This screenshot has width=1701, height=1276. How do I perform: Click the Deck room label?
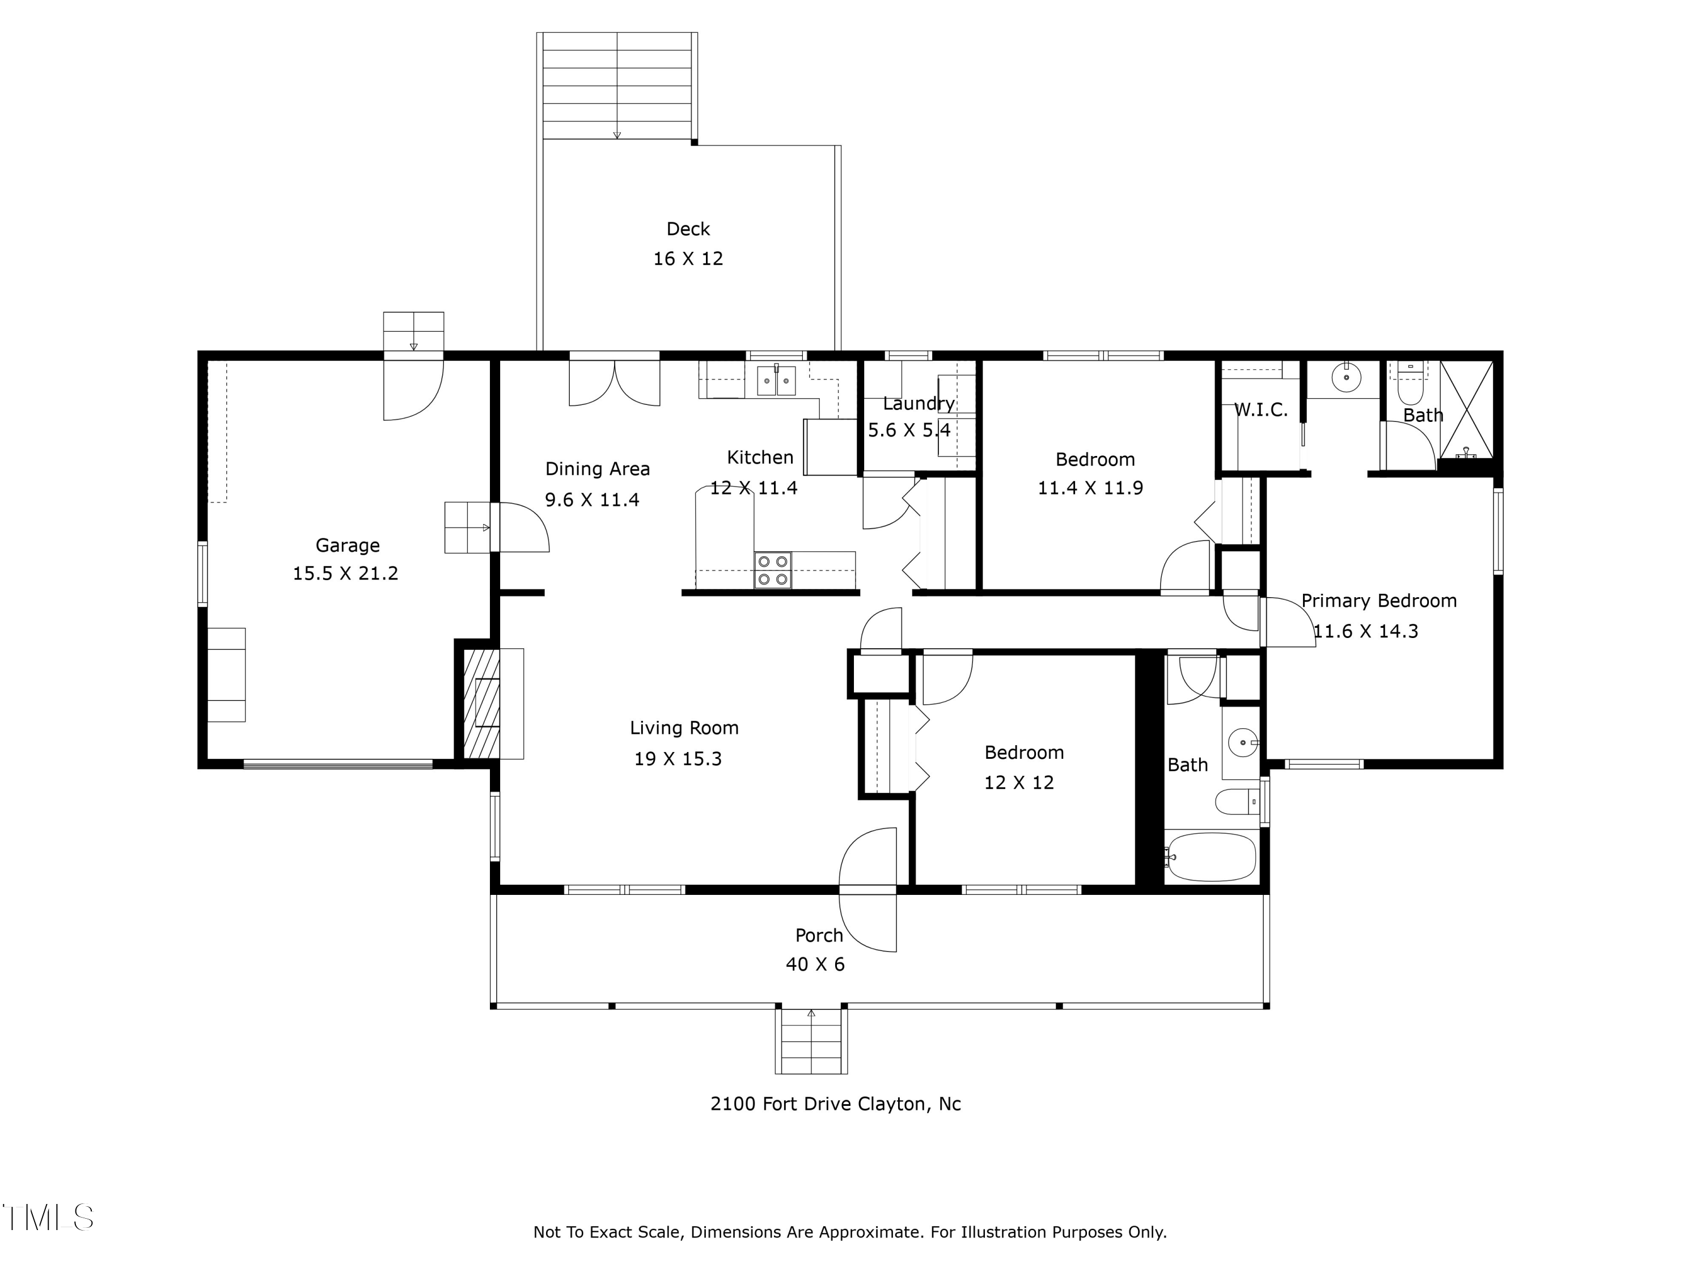[688, 229]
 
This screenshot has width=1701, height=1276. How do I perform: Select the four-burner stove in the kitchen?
[773, 570]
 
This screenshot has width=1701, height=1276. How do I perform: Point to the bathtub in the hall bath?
[1212, 856]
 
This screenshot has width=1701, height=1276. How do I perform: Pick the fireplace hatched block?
[481, 703]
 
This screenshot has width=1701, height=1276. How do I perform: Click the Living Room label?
[684, 728]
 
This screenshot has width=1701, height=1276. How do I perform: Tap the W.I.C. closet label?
[1260, 410]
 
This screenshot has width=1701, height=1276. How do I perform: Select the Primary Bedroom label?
[1379, 601]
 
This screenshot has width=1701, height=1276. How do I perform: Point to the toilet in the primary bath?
[1410, 384]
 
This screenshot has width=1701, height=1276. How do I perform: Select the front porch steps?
[811, 1041]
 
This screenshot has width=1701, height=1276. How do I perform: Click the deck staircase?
[617, 86]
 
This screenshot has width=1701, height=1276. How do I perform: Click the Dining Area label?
[598, 469]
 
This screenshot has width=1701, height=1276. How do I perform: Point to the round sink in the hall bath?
[1241, 743]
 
